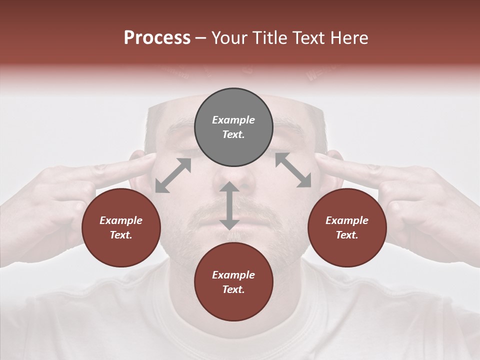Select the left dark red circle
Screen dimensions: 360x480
[121, 227]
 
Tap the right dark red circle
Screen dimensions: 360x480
[347, 227]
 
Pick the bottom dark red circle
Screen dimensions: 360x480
[233, 282]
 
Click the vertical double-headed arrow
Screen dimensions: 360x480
[229, 205]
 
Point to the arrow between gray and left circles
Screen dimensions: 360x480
[173, 175]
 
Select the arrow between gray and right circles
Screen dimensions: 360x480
[293, 170]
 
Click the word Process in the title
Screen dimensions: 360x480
[157, 38]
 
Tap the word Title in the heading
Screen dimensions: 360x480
[268, 38]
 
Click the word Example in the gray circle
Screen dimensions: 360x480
[233, 120]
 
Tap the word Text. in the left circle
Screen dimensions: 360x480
[121, 235]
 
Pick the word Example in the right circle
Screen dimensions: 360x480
[347, 220]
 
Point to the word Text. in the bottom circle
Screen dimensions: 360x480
[233, 289]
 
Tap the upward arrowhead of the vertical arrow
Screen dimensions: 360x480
[229, 186]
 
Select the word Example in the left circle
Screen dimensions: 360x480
[121, 220]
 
